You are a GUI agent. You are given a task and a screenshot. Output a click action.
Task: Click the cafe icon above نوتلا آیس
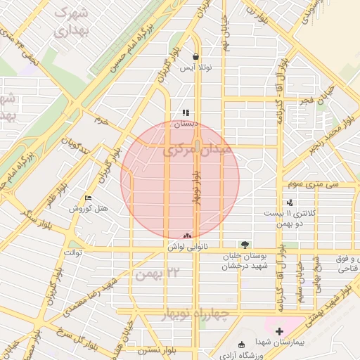click(195, 57)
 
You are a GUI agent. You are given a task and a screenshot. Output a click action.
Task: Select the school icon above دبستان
click(186, 112)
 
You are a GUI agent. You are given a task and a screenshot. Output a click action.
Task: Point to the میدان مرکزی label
click(195, 150)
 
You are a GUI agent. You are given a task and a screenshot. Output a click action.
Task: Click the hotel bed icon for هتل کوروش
click(87, 198)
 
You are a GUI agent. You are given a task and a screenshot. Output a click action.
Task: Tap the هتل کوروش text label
click(87, 209)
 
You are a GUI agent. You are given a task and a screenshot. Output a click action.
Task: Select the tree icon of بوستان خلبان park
click(244, 243)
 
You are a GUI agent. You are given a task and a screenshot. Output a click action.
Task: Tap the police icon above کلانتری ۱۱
click(290, 202)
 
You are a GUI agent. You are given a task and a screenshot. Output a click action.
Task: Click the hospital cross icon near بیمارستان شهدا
click(280, 330)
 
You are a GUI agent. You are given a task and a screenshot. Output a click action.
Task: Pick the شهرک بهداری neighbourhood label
click(69, 22)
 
